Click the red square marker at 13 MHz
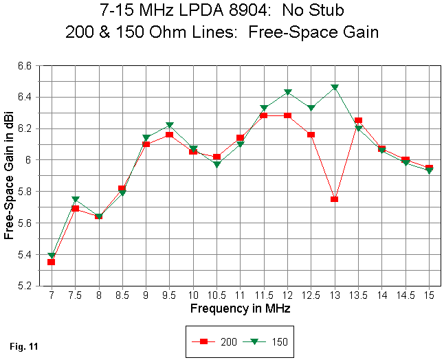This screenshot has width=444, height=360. point(335,199)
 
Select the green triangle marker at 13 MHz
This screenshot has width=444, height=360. point(335,88)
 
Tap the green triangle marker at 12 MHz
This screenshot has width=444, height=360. point(288,92)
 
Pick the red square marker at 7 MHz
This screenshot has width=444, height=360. point(52,262)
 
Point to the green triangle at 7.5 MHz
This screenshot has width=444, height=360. point(76,200)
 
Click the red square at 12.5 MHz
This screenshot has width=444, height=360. point(311,135)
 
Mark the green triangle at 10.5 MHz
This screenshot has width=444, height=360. point(217,165)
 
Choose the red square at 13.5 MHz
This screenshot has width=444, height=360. point(358,121)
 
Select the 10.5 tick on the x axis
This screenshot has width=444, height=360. point(217,295)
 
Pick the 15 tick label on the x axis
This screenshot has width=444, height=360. point(430,295)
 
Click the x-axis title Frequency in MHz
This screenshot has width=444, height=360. point(240,308)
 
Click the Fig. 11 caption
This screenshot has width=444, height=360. point(25,346)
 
